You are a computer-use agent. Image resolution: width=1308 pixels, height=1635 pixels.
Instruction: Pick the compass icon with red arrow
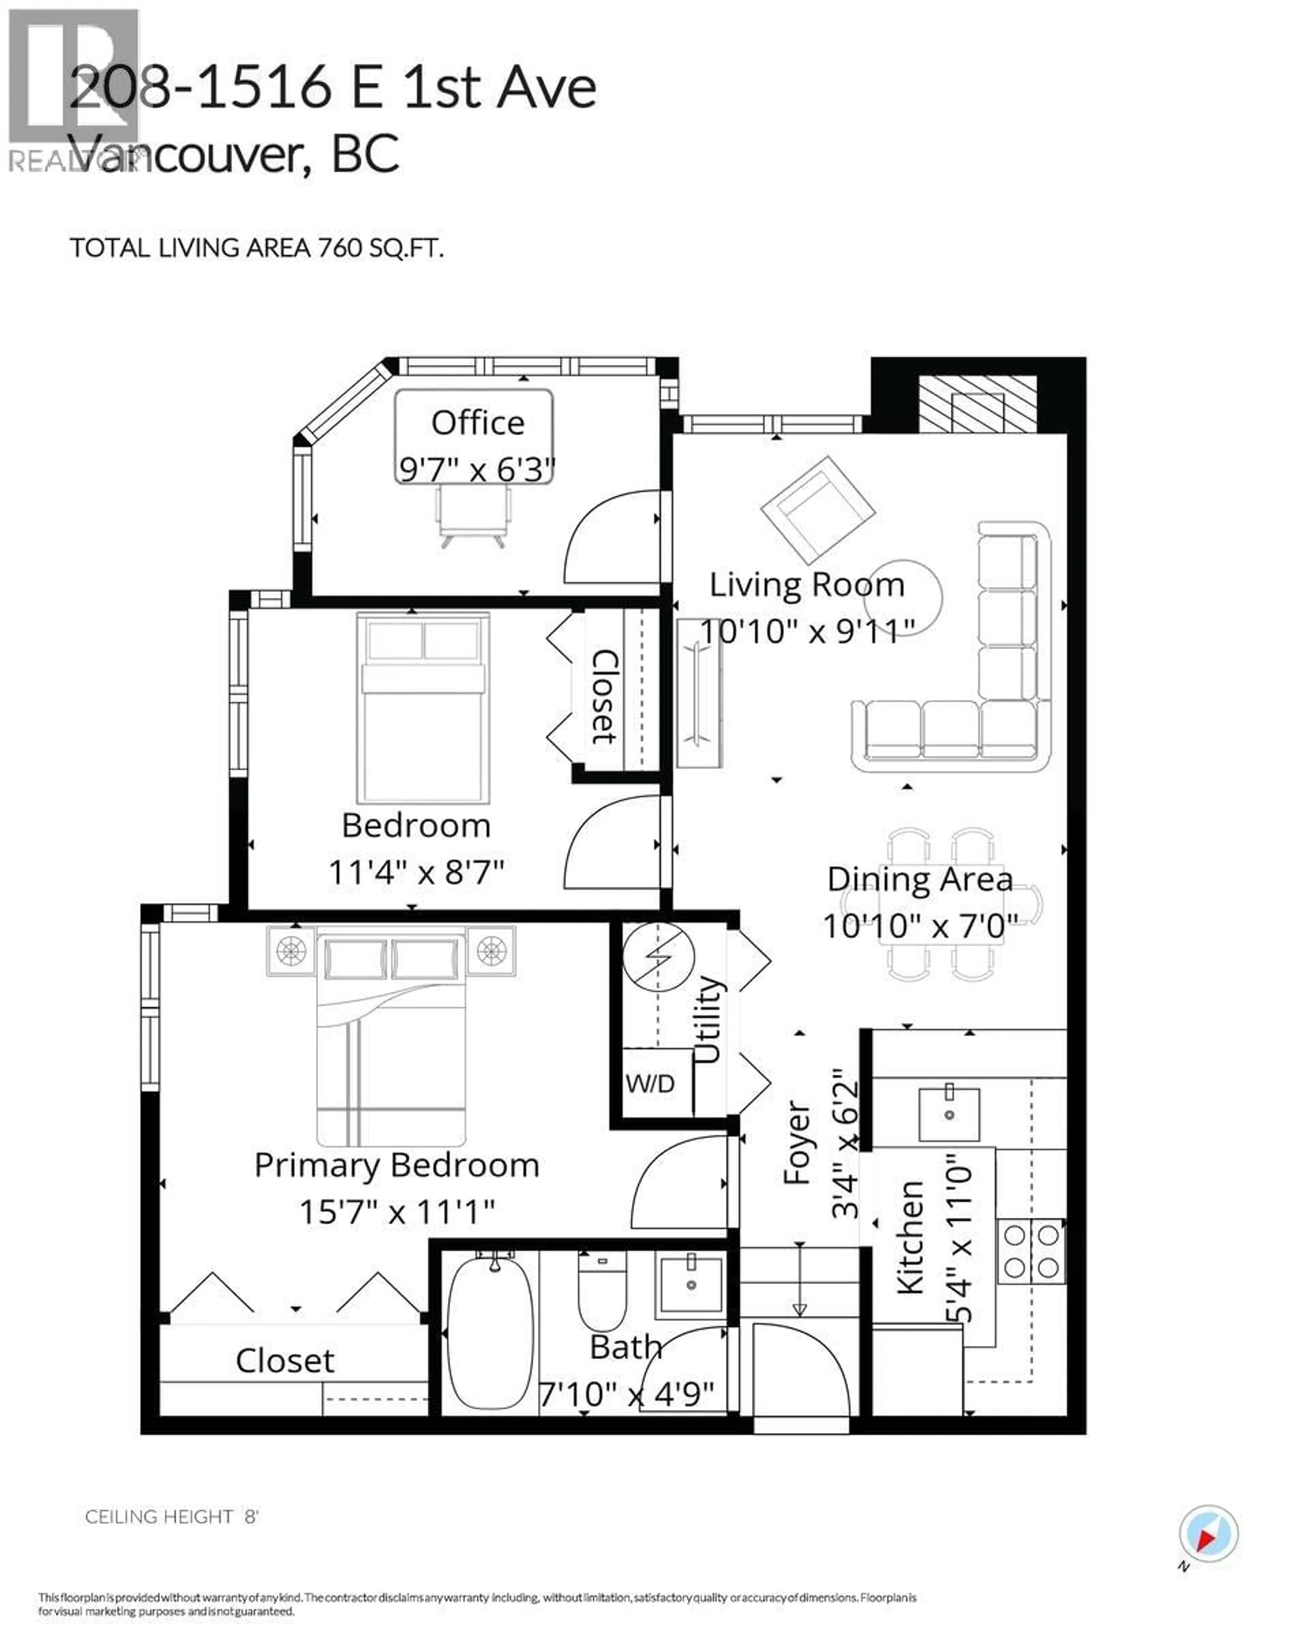1209,1533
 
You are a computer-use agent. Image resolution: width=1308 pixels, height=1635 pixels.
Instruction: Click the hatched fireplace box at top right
977,403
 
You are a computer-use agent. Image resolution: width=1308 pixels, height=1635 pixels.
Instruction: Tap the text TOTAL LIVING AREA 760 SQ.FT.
256,249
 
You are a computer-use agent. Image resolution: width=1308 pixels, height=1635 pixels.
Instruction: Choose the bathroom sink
691,1284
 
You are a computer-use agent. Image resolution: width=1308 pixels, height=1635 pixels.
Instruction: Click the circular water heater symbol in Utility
658,957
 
